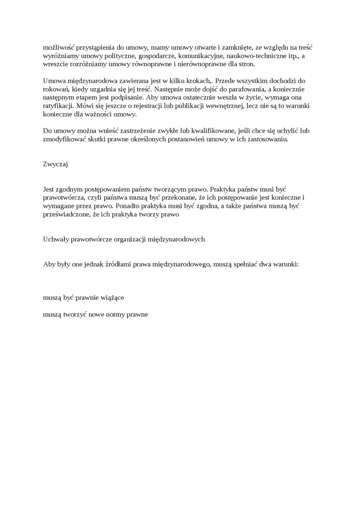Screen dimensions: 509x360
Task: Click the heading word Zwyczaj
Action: (55, 164)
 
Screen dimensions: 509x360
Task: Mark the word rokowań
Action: (56, 89)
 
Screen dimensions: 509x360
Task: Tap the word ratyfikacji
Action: (58, 106)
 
